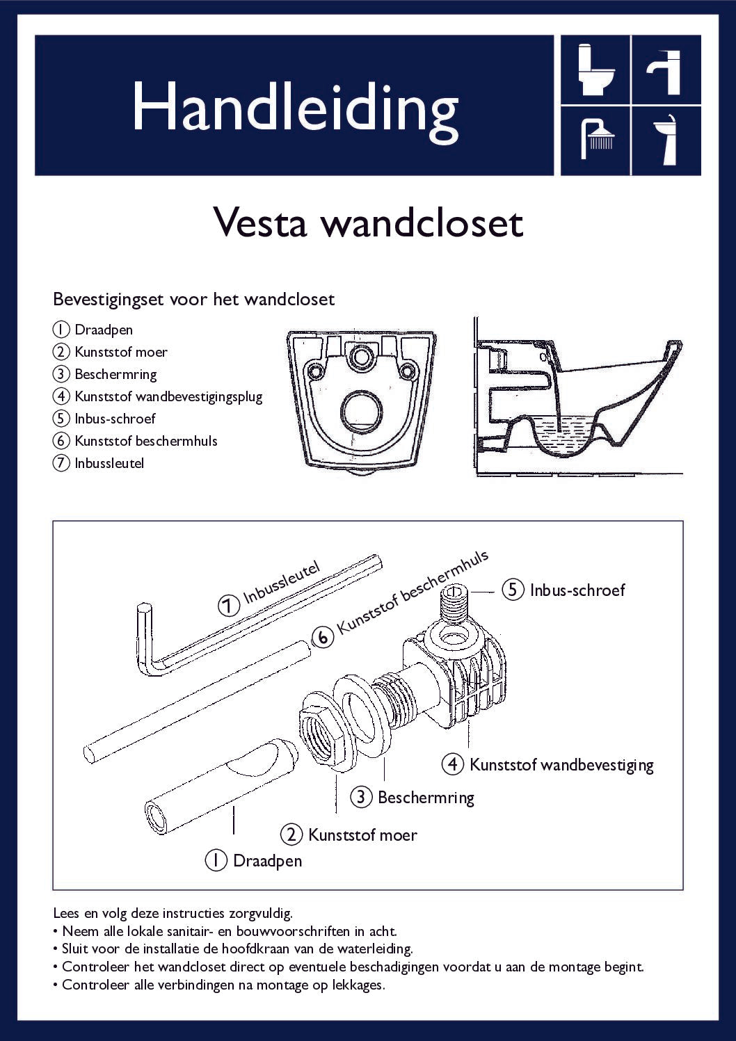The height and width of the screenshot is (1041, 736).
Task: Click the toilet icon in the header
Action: (595, 70)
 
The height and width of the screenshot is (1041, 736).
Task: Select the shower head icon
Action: (596, 139)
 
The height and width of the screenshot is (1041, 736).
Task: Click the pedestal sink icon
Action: (666, 139)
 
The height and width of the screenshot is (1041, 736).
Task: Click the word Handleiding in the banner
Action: (295, 108)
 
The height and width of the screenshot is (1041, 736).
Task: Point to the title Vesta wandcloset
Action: (367, 223)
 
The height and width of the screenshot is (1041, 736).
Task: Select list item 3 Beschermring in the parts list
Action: (115, 374)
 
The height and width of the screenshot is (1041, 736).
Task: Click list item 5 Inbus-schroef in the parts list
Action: (114, 419)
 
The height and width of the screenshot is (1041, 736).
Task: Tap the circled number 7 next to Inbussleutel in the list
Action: (61, 463)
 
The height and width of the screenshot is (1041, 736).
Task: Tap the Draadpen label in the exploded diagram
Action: (267, 861)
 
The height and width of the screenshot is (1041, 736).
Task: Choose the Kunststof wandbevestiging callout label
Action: (561, 765)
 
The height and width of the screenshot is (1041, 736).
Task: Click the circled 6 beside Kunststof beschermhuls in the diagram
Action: (322, 637)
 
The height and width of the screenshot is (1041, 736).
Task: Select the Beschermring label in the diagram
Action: (425, 797)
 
